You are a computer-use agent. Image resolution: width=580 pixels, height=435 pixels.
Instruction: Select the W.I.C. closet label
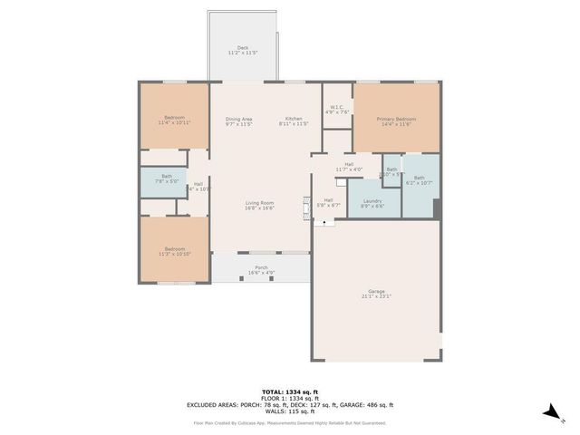click(x=337, y=109)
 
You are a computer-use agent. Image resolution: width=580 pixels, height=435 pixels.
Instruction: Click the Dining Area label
click(x=238, y=120)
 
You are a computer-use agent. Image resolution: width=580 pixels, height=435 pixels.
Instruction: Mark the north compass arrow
click(x=550, y=412)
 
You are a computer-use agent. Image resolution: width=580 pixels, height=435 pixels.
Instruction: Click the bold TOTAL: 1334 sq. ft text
click(x=290, y=391)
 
